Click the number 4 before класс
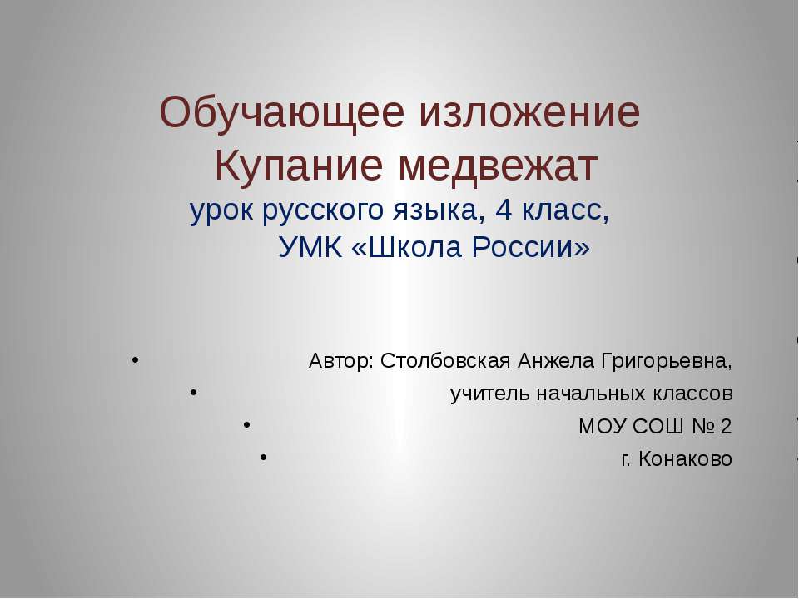[x=503, y=211]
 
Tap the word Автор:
[x=340, y=362]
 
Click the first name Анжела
[x=553, y=362]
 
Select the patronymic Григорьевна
[x=666, y=363]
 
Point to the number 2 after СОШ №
[x=727, y=428]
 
